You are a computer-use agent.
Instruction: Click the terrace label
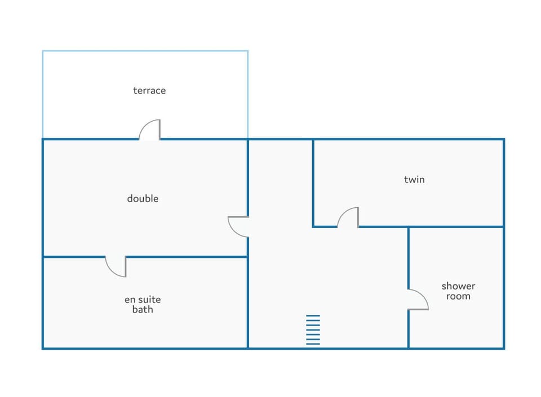149,91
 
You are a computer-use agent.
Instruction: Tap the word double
143,198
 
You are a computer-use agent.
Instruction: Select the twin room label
414,180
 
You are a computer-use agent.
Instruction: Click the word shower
458,286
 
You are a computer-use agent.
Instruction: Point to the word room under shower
458,296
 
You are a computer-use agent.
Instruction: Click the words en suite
143,300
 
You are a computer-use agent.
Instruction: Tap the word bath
143,310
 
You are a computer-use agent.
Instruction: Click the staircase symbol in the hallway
313,330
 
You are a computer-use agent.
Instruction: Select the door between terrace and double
149,130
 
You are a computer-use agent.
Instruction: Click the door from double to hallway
238,227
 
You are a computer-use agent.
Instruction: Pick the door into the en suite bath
116,266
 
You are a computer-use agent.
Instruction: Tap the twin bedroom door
348,217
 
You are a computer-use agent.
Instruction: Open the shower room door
418,300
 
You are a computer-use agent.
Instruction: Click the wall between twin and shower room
456,227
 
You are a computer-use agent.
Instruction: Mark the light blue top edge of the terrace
145,51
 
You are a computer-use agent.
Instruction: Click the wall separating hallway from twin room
313,183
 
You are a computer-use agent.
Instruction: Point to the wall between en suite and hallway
248,302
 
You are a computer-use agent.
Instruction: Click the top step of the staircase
313,316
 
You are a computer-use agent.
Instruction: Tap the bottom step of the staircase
313,344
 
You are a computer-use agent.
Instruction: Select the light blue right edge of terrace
248,95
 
